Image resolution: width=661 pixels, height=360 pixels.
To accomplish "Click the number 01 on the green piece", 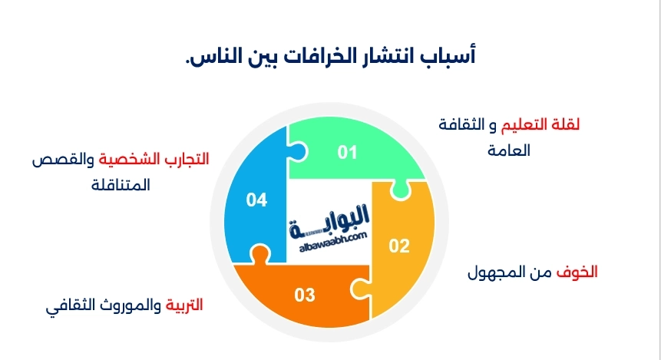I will [348, 152].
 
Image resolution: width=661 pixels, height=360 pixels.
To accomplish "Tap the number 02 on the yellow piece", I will [398, 246].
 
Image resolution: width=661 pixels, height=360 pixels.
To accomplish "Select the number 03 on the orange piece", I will [305, 294].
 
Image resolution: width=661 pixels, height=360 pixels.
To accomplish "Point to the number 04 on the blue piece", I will [256, 200].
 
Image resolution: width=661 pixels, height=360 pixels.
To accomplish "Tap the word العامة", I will [510, 150].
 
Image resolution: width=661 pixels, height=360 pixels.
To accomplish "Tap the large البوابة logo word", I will [330, 219].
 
